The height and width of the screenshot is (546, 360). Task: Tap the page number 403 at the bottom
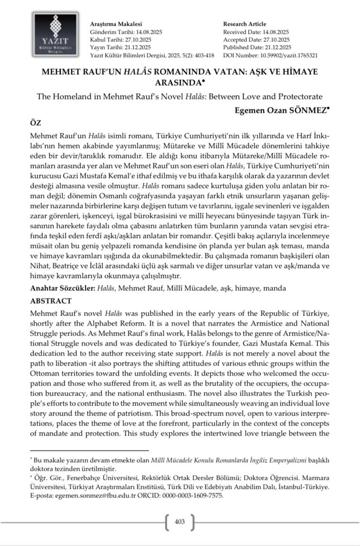(x=180, y=522)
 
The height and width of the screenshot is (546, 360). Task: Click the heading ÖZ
(x=36, y=123)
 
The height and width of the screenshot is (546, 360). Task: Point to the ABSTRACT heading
(x=51, y=301)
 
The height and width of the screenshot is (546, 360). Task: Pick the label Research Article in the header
(x=244, y=24)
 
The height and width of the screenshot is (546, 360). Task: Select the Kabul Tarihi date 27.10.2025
(x=138, y=40)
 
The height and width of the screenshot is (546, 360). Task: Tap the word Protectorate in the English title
(x=298, y=96)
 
